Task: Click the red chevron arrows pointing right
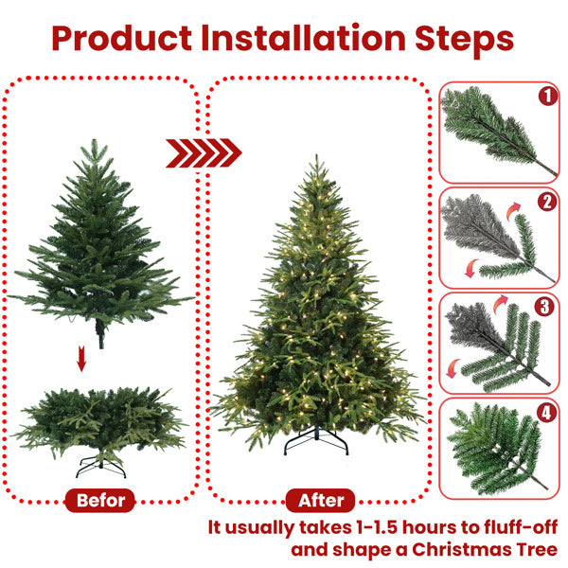pyautogui.click(x=204, y=152)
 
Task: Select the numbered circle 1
pyautogui.click(x=546, y=96)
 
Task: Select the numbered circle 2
pyautogui.click(x=546, y=202)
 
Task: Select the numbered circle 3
pyautogui.click(x=546, y=307)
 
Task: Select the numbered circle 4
pyautogui.click(x=546, y=413)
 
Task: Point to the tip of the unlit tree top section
pyautogui.click(x=93, y=141)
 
